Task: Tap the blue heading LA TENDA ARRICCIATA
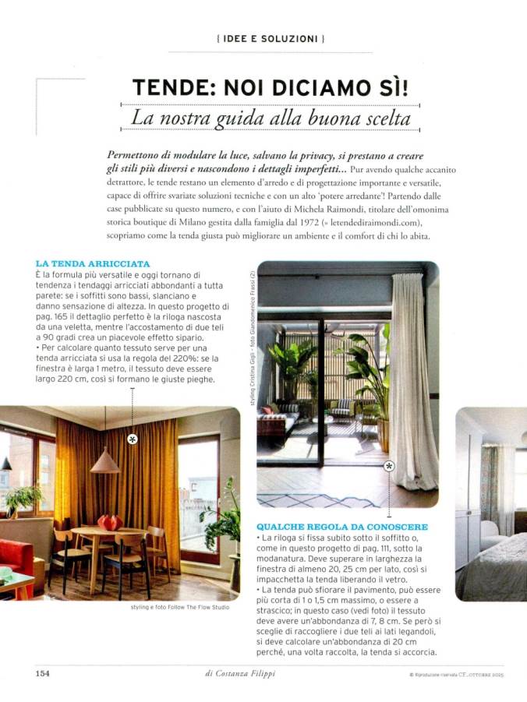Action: (93, 264)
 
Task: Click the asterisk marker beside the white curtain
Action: (389, 466)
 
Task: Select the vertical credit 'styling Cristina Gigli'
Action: (251, 385)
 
